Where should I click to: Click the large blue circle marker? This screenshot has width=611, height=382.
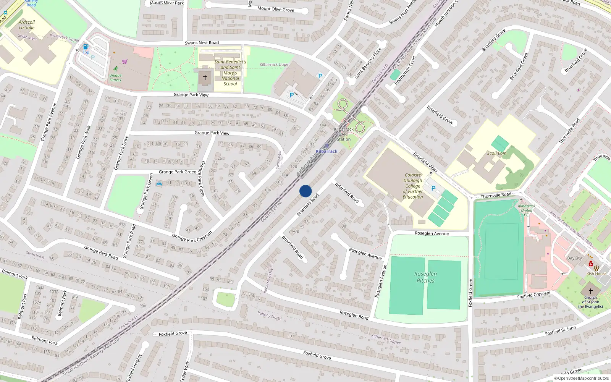click(x=305, y=191)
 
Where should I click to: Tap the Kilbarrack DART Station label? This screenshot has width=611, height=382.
click(x=344, y=134)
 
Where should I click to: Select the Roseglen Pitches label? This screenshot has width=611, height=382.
click(x=425, y=277)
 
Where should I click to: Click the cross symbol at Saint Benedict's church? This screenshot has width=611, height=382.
click(x=205, y=78)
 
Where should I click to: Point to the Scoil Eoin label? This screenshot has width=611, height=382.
click(x=497, y=153)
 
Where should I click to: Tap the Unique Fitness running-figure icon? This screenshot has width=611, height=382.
click(x=115, y=69)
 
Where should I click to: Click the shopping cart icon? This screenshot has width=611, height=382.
click(x=125, y=61)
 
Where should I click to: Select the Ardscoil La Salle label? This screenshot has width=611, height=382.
click(x=27, y=25)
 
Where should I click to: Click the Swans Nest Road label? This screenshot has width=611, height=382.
click(x=202, y=43)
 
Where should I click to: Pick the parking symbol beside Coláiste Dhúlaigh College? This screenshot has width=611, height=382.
click(x=433, y=188)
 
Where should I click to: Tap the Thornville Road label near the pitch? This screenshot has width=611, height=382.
click(x=496, y=196)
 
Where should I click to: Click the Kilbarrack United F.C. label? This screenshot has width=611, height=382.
click(x=526, y=210)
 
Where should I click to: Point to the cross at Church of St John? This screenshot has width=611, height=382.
click(x=590, y=291)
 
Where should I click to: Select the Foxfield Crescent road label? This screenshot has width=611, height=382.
click(x=534, y=295)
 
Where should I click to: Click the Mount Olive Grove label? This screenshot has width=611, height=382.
click(x=276, y=9)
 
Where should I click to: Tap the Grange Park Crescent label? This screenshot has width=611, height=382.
click(x=192, y=237)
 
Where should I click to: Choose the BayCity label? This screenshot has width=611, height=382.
click(x=574, y=258)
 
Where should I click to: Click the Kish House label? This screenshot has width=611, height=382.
click(x=596, y=274)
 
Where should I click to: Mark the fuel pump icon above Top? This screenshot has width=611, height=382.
click(x=86, y=47)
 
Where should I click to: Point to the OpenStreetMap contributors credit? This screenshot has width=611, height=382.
click(x=581, y=378)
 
